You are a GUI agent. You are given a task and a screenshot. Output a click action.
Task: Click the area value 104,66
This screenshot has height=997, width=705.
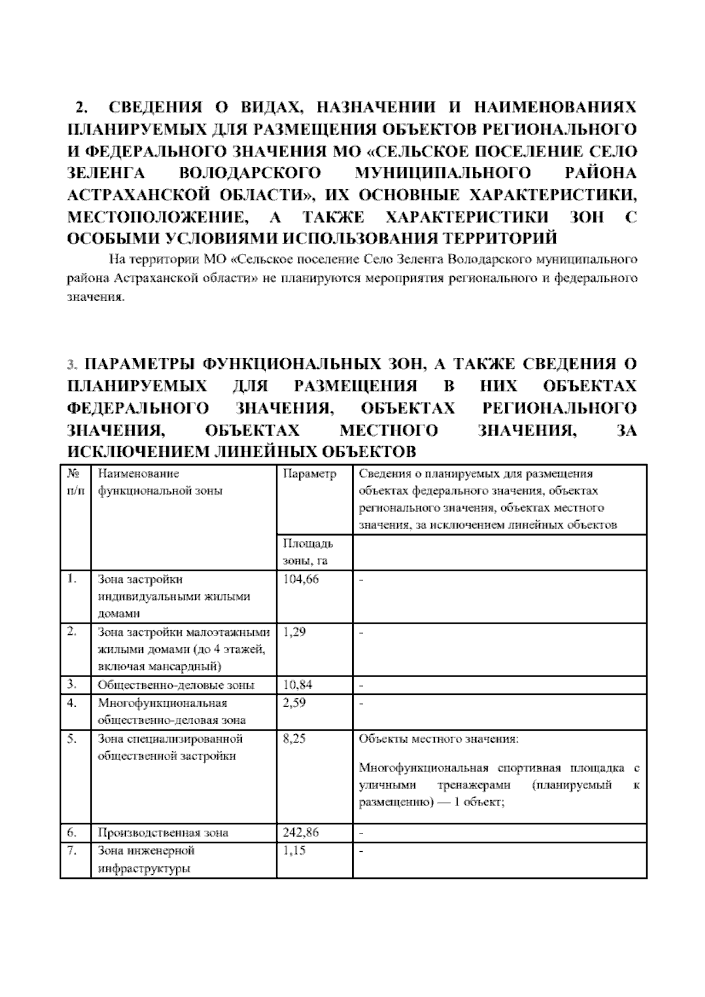pos(300,579)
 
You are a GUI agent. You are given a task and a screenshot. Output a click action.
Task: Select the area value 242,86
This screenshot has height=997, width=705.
pos(300,832)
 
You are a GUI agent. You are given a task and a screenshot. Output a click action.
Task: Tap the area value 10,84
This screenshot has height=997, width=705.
pos(297,685)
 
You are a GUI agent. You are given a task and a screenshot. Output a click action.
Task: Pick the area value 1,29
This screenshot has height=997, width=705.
pos(294,633)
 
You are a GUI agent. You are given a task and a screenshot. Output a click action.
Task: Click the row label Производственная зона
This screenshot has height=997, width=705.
pos(163,832)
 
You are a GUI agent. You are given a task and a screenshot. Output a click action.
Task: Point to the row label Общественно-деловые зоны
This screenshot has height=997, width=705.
pos(176,685)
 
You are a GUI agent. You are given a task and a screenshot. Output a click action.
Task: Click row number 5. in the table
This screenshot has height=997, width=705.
pos(72,739)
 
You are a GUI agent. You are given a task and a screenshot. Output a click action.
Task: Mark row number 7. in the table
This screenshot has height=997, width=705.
pos(72,851)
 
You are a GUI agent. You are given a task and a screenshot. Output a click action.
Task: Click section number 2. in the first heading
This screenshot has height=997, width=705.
pos(80,108)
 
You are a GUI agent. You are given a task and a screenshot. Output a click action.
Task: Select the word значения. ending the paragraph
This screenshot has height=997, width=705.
pos(95,297)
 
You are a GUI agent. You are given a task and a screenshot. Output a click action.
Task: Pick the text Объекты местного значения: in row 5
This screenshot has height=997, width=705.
pos(438,739)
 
